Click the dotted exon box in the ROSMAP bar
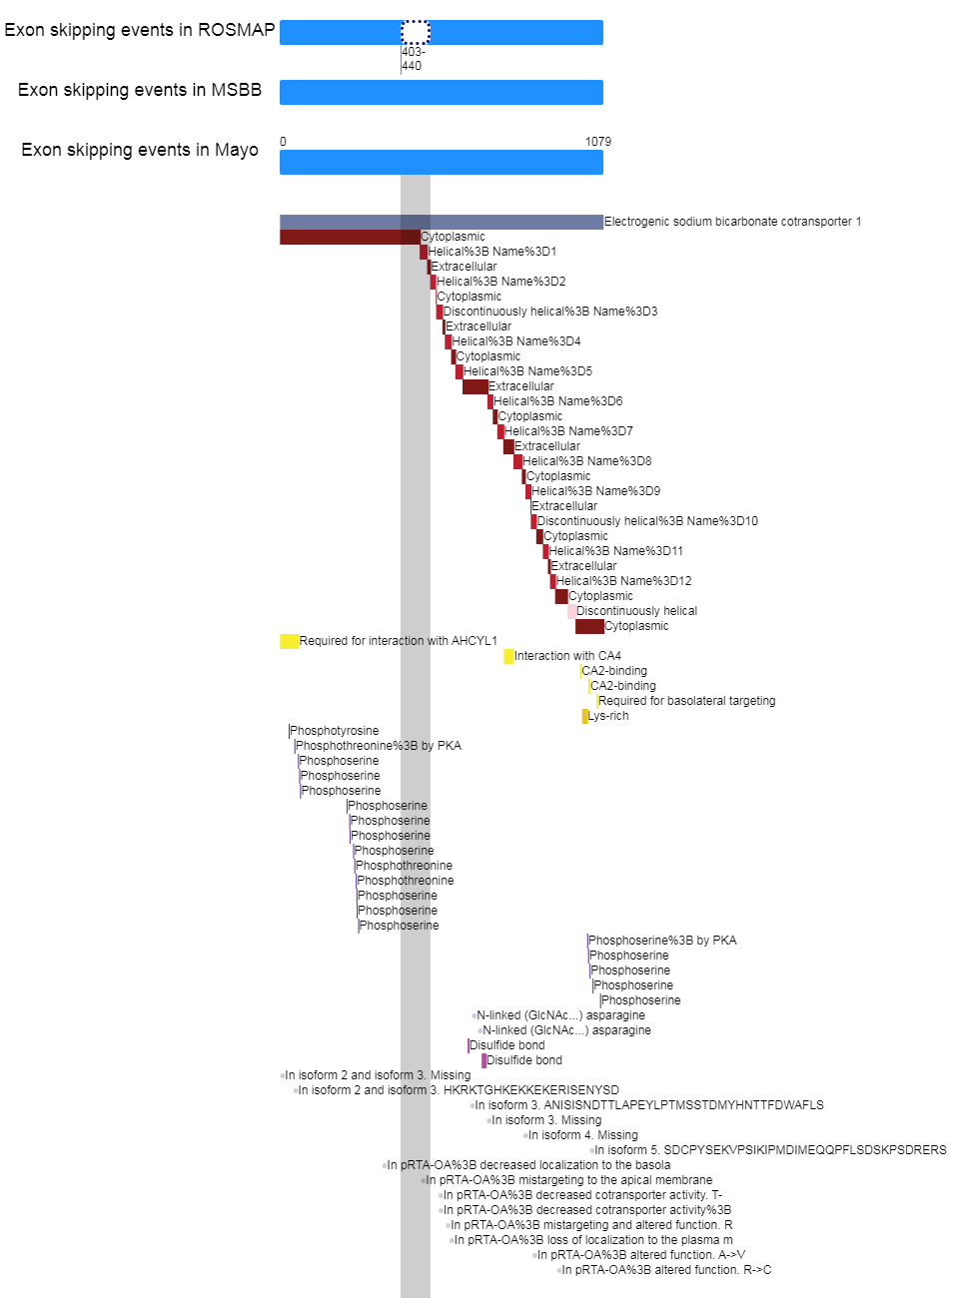[x=416, y=32]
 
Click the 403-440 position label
[x=413, y=59]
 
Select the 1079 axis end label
[x=597, y=142]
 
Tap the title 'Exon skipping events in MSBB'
[x=140, y=90]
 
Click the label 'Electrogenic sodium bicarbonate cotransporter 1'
[x=733, y=222]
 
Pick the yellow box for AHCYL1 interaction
[x=290, y=641]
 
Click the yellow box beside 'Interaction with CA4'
[x=508, y=656]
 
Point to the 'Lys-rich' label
[x=608, y=716]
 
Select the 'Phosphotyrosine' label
[x=334, y=731]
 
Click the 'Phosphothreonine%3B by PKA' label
[x=379, y=746]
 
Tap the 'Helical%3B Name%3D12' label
[x=623, y=581]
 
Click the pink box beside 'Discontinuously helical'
[x=571, y=611]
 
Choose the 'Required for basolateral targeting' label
[x=686, y=701]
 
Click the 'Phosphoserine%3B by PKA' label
[x=662, y=941]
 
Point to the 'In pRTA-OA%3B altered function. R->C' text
[x=666, y=1270]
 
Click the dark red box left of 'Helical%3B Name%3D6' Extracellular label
[x=476, y=386]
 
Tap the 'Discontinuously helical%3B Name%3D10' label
[x=647, y=521]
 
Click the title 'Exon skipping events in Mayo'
[x=140, y=150]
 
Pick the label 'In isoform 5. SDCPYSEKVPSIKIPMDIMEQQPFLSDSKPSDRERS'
[x=770, y=1150]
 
